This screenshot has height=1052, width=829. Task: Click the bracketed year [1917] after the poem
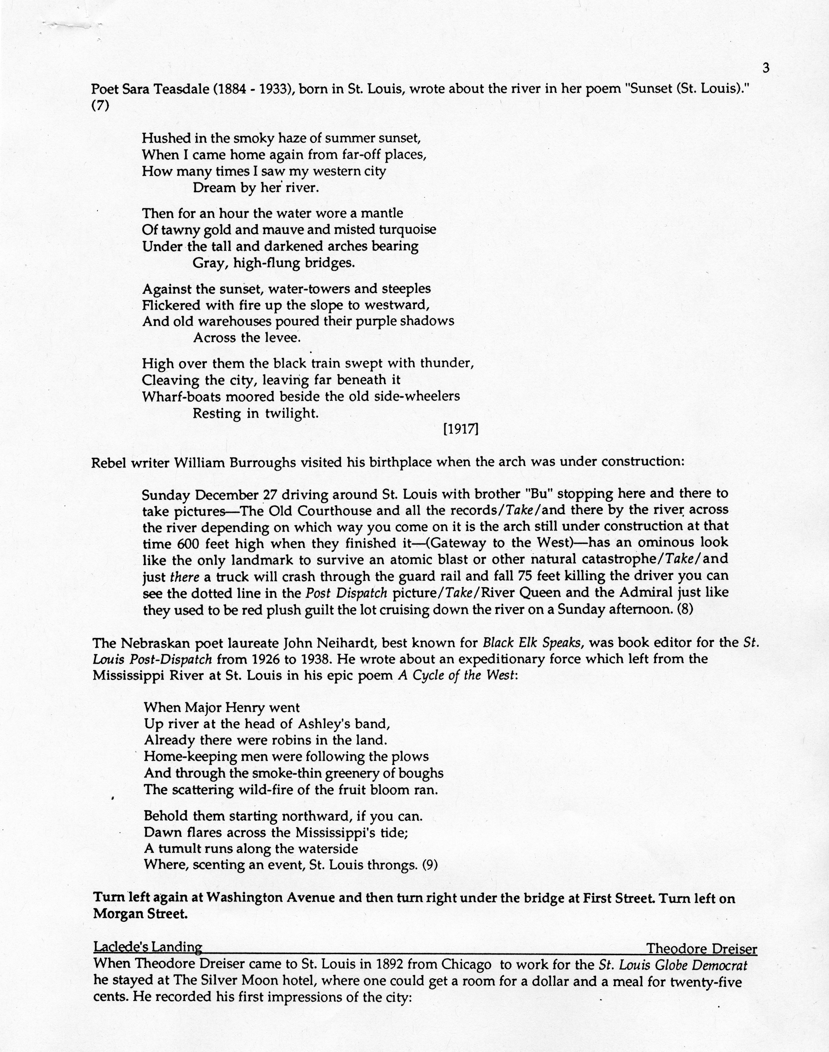coord(461,429)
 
